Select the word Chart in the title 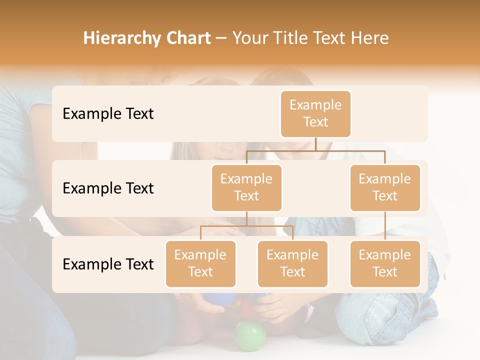[186, 38]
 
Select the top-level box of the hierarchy [315, 114]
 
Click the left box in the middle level [246, 187]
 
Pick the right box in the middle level [385, 187]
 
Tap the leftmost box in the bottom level [200, 263]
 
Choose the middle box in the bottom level [292, 263]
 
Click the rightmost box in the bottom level [385, 263]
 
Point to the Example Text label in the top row [108, 114]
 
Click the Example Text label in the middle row [108, 188]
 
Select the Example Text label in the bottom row [108, 264]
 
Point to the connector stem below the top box [315, 144]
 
